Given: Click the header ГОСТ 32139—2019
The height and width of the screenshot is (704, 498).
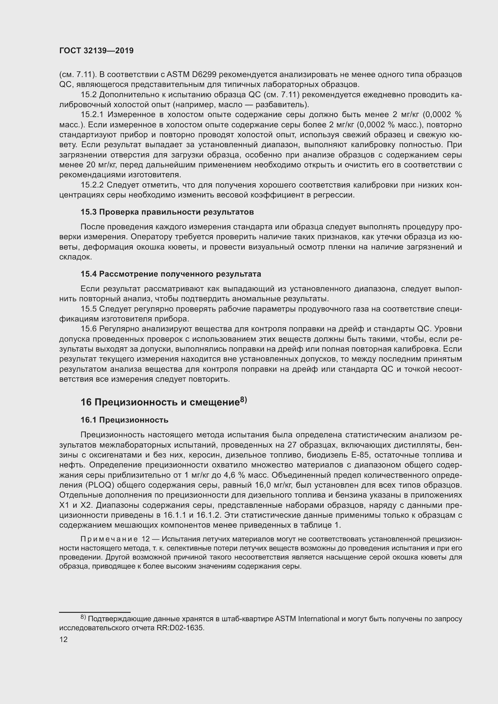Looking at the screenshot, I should click(x=96, y=51).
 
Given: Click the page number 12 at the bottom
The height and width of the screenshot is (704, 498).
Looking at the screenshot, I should click(x=64, y=639).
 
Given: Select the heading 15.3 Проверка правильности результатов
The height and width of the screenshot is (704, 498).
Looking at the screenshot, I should click(x=167, y=212).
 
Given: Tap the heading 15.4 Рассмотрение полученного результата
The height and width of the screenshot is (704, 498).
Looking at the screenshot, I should click(x=171, y=274).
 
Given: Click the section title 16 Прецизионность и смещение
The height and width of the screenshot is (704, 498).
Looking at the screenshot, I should click(x=160, y=402).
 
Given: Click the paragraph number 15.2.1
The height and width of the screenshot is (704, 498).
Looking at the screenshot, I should click(x=92, y=115).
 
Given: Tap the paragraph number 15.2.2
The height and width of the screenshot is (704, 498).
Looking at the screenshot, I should click(x=92, y=185).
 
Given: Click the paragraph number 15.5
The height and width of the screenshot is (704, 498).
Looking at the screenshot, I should click(x=89, y=309).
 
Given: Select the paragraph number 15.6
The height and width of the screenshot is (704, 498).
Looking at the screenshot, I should click(x=89, y=329).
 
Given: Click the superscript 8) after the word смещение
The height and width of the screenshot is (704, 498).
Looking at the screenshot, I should click(x=243, y=399).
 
